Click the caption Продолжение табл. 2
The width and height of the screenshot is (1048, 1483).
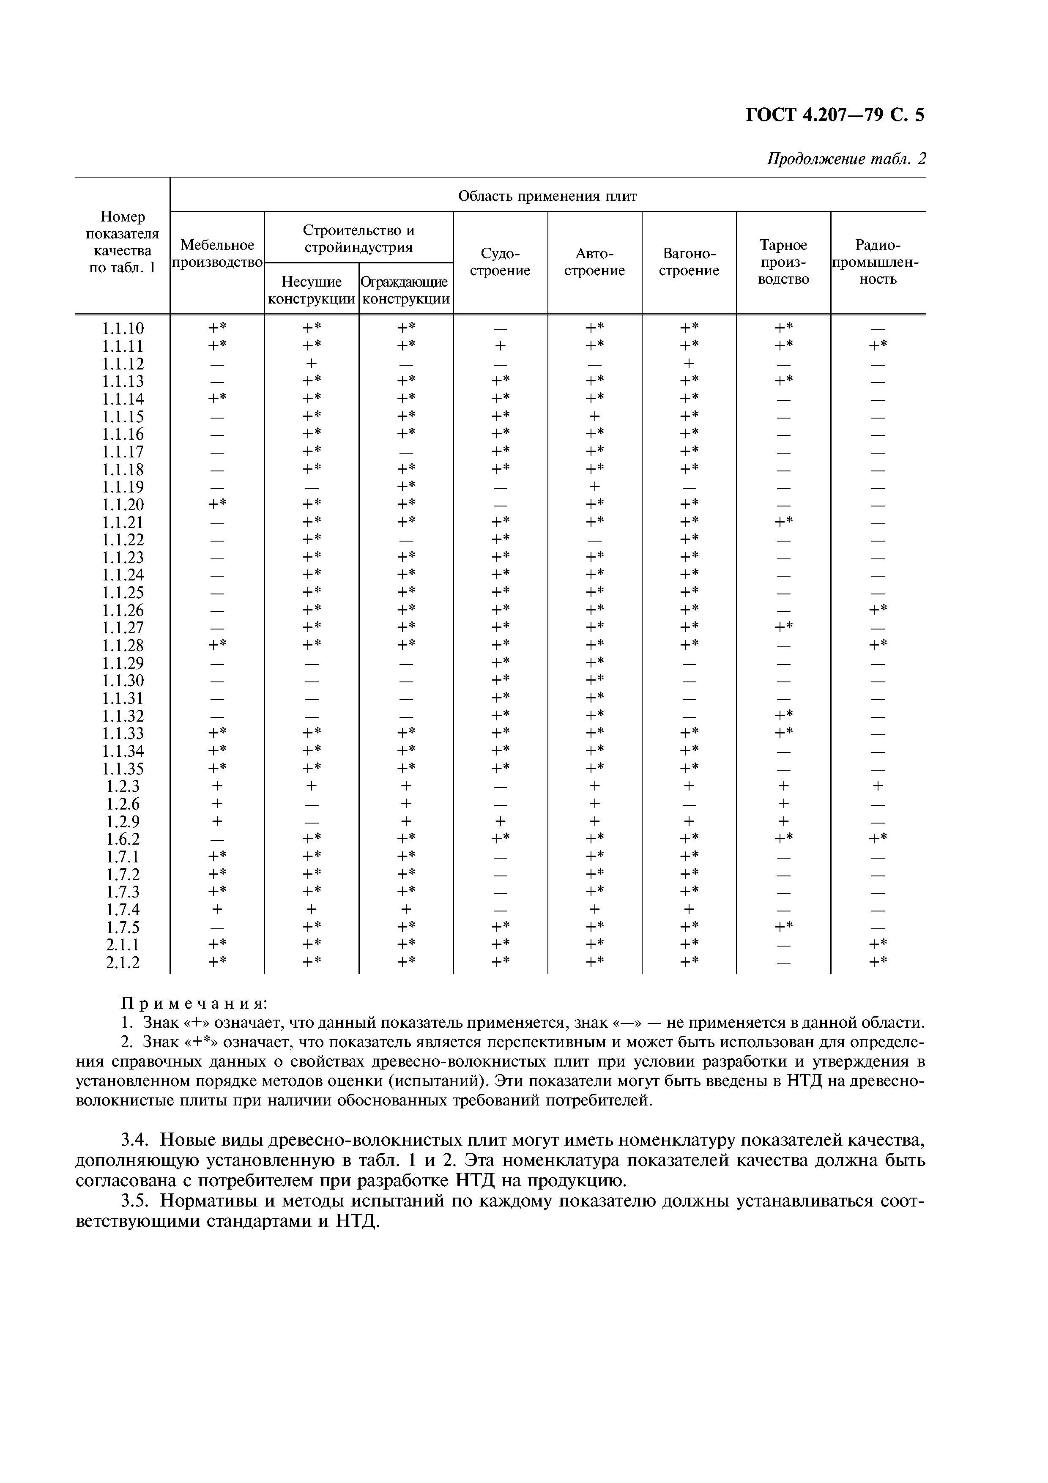pyautogui.click(x=846, y=159)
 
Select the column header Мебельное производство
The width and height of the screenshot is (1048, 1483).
pyautogui.click(x=217, y=254)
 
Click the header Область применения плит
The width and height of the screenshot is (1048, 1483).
pyautogui.click(x=547, y=196)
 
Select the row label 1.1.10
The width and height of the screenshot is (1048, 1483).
pyautogui.click(x=123, y=329)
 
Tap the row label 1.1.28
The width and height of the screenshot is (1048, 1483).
pyautogui.click(x=123, y=645)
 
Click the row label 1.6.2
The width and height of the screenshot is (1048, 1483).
pyautogui.click(x=123, y=839)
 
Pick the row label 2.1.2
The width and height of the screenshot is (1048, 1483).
pyautogui.click(x=123, y=963)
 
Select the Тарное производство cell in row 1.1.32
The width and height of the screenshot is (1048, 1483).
pyautogui.click(x=783, y=715)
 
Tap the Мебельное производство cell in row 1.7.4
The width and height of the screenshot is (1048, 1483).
pyautogui.click(x=217, y=909)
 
